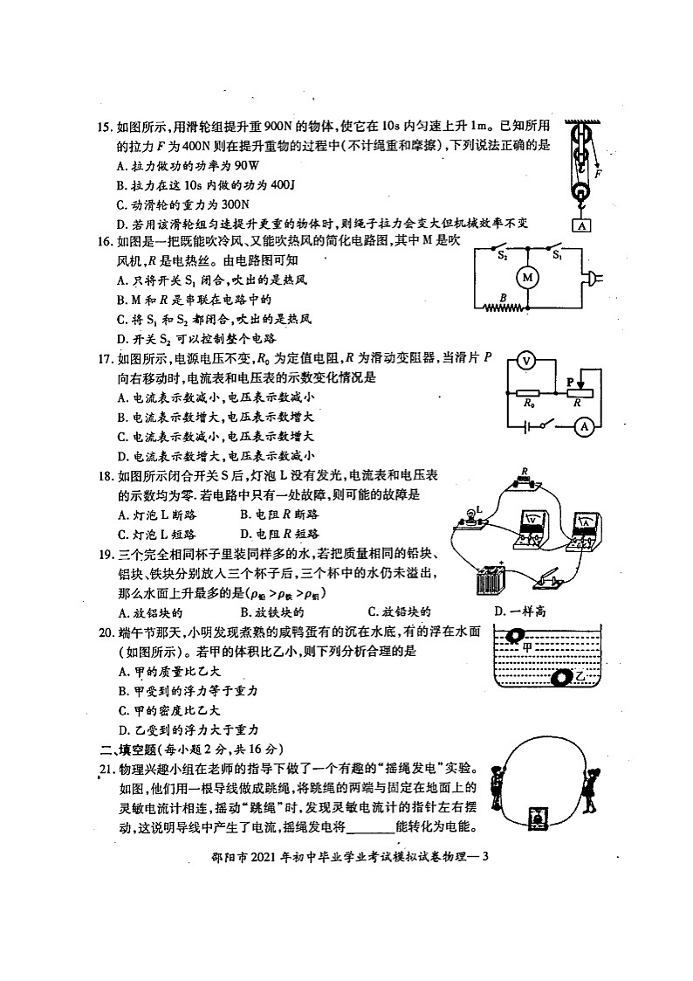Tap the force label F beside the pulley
coord(598,174)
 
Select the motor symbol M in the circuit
coord(526,277)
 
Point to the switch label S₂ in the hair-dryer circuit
coord(502,256)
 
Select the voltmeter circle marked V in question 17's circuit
coord(525,359)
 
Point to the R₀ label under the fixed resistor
coord(528,404)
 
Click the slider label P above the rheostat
coord(568,382)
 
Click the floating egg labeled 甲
coord(516,638)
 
